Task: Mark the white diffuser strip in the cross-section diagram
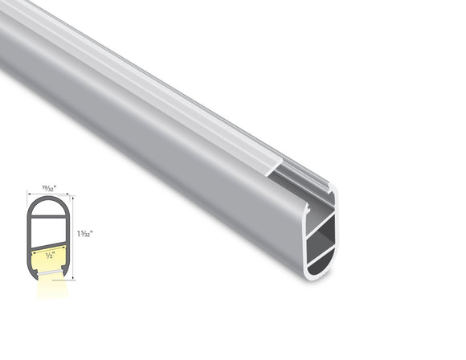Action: (x=50, y=272)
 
